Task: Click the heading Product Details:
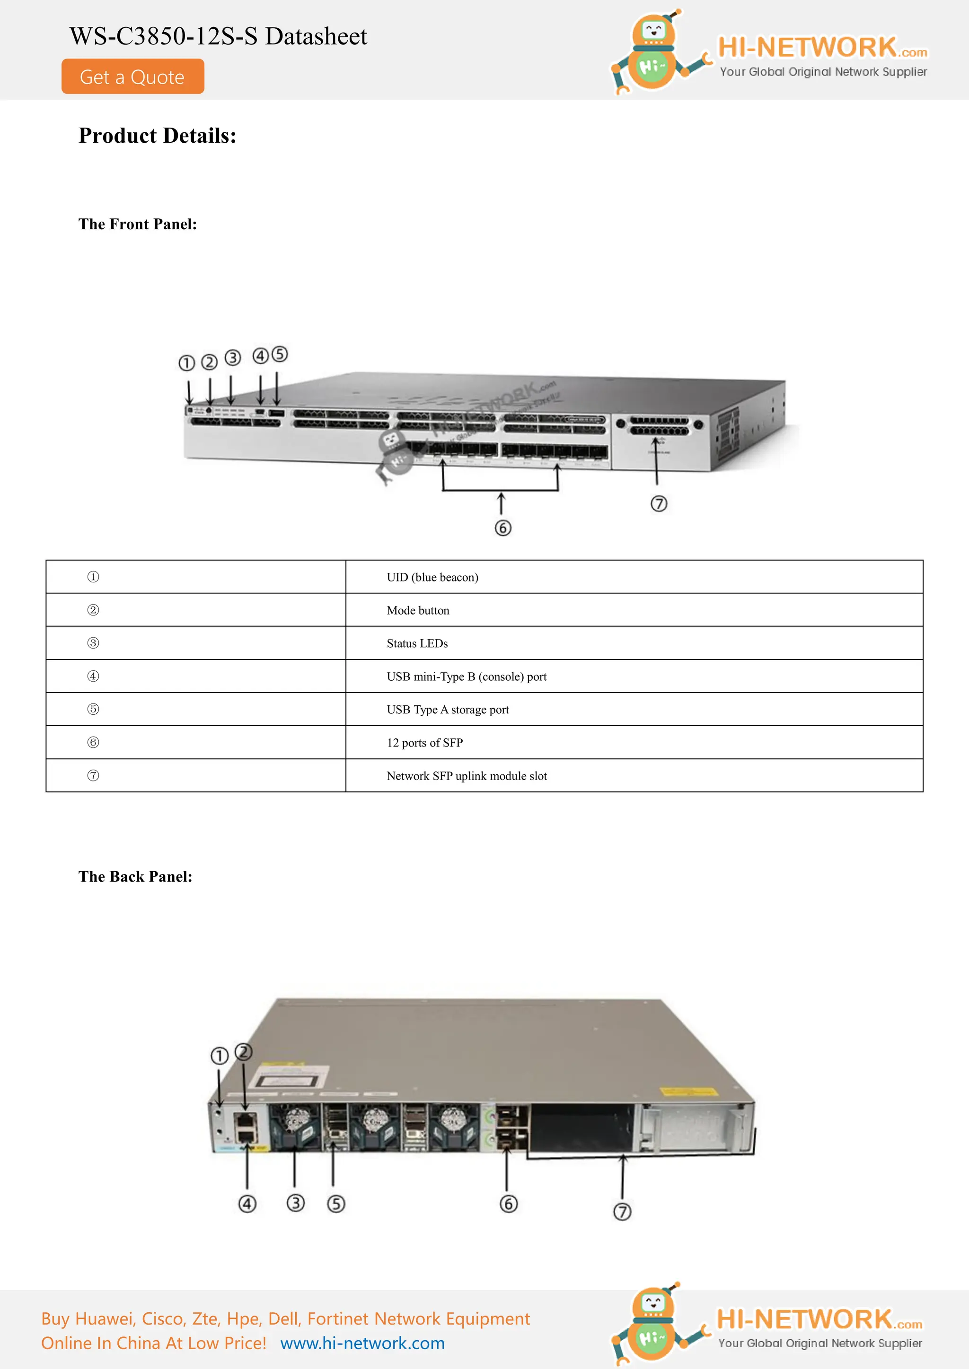[158, 136]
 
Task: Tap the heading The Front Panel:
[137, 224]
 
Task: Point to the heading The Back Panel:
[135, 876]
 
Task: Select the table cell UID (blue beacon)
[432, 577]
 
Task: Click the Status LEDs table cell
[416, 643]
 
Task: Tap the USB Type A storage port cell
[448, 710]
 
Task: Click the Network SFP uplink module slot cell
[467, 776]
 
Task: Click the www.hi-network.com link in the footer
[362, 1343]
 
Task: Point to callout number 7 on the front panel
[659, 504]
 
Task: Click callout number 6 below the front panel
[503, 528]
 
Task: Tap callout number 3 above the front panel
[233, 358]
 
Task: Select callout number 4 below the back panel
[247, 1204]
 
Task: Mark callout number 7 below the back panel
[622, 1212]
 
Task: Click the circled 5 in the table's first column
[93, 709]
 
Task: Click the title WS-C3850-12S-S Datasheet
[219, 36]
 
